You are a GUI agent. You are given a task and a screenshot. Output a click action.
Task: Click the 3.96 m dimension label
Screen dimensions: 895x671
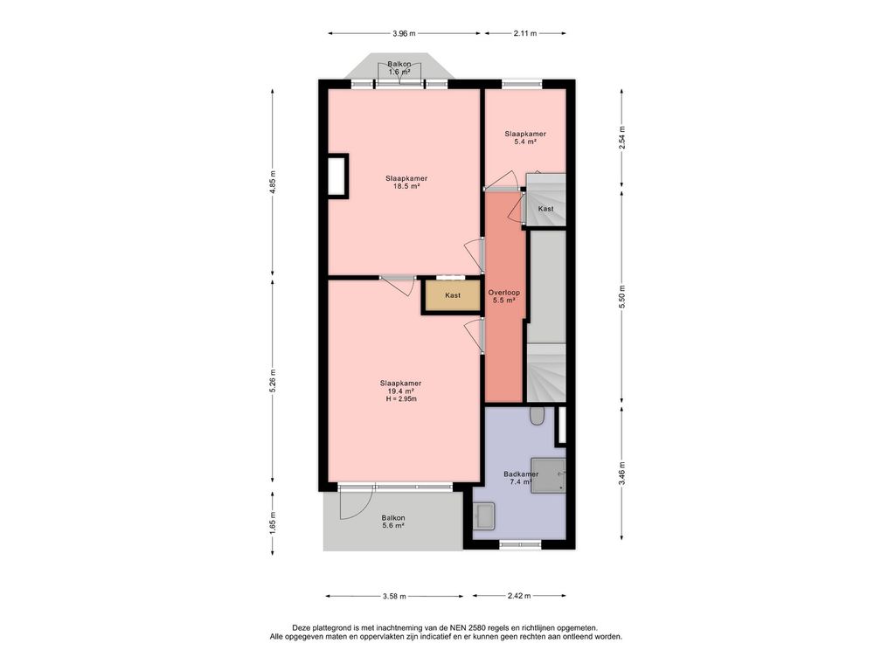[x=404, y=33]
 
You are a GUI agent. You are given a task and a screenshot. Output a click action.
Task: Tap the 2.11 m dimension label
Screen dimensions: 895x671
[x=525, y=33]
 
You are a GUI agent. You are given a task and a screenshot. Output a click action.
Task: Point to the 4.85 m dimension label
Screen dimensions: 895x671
[x=273, y=183]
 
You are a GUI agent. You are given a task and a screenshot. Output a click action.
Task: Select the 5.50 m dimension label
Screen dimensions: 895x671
[x=622, y=297]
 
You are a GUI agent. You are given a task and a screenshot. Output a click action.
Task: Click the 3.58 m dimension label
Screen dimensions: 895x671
[x=394, y=596]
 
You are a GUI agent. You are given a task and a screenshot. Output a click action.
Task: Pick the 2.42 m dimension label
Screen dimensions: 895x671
[x=519, y=596]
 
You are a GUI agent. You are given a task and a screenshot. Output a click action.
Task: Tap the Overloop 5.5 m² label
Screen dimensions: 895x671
[x=504, y=296]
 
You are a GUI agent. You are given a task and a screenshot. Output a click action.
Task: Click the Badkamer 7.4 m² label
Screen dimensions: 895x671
[x=521, y=478]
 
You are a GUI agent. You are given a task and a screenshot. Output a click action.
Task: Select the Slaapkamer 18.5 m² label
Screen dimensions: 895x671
[x=406, y=182]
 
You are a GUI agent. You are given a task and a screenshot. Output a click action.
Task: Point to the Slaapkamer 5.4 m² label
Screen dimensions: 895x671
[x=525, y=137]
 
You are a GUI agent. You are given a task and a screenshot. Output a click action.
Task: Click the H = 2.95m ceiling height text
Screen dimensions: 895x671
[x=401, y=398]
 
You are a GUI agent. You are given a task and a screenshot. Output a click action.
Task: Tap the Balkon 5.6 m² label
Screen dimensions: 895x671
[x=393, y=522]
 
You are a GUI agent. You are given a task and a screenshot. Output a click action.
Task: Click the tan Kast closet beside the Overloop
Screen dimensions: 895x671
[x=454, y=295]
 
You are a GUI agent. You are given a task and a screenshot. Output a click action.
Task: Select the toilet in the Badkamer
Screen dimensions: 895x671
[x=537, y=416]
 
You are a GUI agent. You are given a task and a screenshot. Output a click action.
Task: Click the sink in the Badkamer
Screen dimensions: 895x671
[x=486, y=516]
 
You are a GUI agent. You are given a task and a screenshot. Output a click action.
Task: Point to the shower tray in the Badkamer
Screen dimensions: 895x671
[x=549, y=474]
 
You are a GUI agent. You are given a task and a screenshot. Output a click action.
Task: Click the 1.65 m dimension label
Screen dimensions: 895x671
[x=273, y=522]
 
